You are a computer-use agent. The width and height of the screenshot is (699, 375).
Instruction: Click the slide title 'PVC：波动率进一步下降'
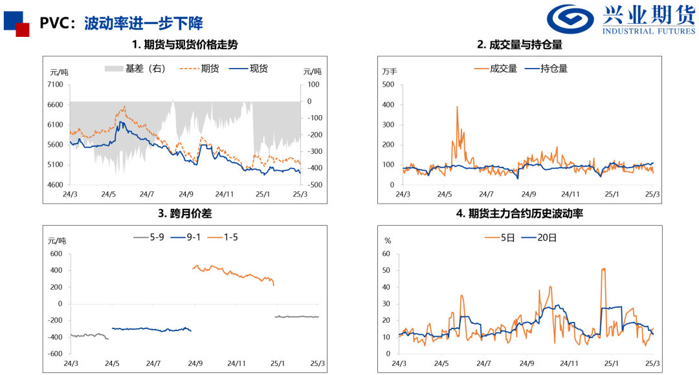pyautogui.click(x=121, y=24)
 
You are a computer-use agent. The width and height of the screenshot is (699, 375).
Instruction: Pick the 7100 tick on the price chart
pyautogui.click(x=56, y=85)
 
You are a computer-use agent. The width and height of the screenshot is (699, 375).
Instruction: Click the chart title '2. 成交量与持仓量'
pyautogui.click(x=519, y=45)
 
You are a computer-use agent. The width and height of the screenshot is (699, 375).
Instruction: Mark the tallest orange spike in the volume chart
pyautogui.click(x=457, y=107)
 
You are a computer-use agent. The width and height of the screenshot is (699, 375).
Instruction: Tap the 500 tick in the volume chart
pyautogui.click(x=388, y=85)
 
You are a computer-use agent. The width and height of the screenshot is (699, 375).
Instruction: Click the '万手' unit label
pyautogui.click(x=390, y=71)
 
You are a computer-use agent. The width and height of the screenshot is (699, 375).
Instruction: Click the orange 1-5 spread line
pyautogui.click(x=233, y=272)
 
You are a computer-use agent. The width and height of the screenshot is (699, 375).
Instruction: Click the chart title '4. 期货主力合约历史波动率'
pyautogui.click(x=519, y=213)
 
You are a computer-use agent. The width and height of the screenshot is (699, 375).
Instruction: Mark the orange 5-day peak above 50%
pyautogui.click(x=603, y=268)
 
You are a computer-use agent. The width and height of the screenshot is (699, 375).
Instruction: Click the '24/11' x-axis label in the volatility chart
pyautogui.click(x=570, y=363)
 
